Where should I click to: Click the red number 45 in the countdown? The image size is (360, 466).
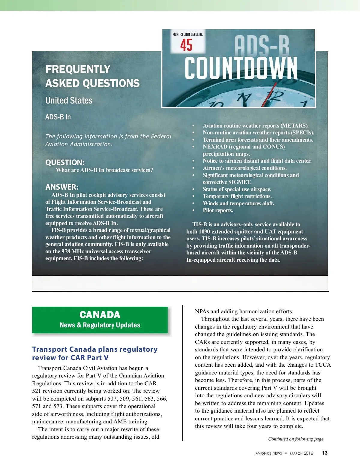(186, 45)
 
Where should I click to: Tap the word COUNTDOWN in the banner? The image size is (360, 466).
(241, 68)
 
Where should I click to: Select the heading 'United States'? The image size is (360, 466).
(69, 101)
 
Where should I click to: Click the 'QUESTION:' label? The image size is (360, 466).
(65, 162)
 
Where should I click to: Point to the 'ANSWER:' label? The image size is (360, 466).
(62, 187)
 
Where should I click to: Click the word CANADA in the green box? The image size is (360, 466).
(100, 314)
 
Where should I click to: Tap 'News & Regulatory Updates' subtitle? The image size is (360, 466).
(100, 325)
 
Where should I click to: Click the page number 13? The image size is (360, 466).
(325, 453)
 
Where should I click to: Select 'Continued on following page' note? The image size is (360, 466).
(295, 439)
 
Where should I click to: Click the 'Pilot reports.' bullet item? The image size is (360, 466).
(218, 210)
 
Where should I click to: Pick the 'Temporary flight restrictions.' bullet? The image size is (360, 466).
(237, 196)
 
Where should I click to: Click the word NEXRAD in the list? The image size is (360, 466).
(215, 147)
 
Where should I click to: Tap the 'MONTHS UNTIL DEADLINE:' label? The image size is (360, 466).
(187, 35)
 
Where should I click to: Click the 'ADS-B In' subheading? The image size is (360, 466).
(58, 117)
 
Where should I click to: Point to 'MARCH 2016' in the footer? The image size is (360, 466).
(301, 453)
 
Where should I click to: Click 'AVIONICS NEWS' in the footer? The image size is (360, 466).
(268, 453)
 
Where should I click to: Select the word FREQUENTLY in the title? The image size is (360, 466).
(78, 69)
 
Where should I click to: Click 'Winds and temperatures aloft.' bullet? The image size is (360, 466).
(238, 203)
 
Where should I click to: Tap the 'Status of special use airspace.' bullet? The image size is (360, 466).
(237, 189)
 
